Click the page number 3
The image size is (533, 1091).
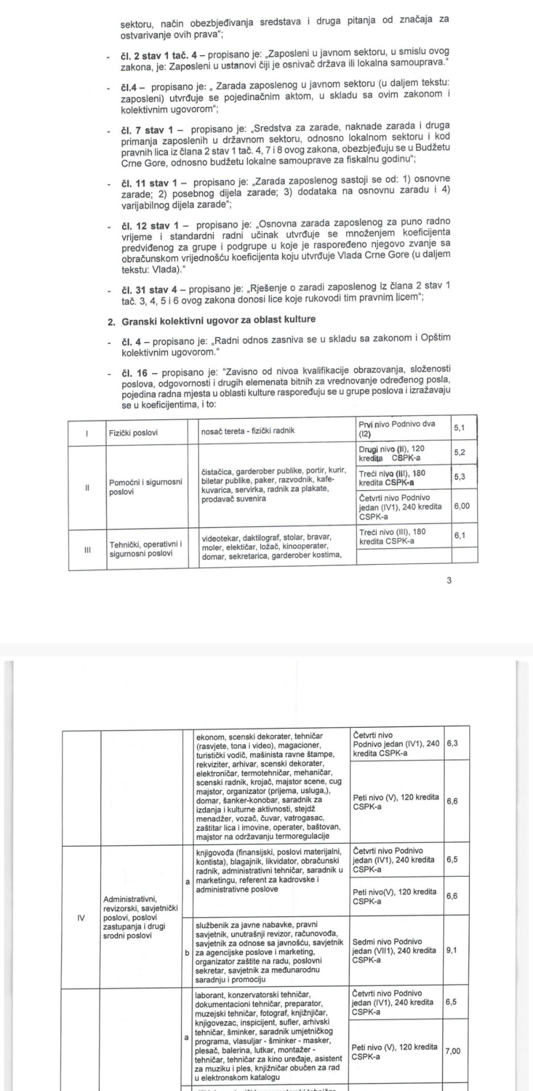pos(449,580)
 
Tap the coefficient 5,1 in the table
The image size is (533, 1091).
pos(460,428)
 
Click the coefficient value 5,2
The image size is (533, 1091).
pos(460,452)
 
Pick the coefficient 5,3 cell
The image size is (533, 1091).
pos(460,477)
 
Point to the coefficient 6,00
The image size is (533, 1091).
pos(462,505)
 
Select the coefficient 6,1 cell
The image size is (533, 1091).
pos(460,535)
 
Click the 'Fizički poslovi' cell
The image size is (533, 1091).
pos(133,432)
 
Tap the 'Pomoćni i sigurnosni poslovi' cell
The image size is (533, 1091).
pos(146,486)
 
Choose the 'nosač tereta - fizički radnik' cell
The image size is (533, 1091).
pos(248,430)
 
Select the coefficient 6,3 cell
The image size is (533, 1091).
pos(452,743)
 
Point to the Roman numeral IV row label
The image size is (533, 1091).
pos(81,917)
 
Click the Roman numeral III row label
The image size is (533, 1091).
pos(87,549)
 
